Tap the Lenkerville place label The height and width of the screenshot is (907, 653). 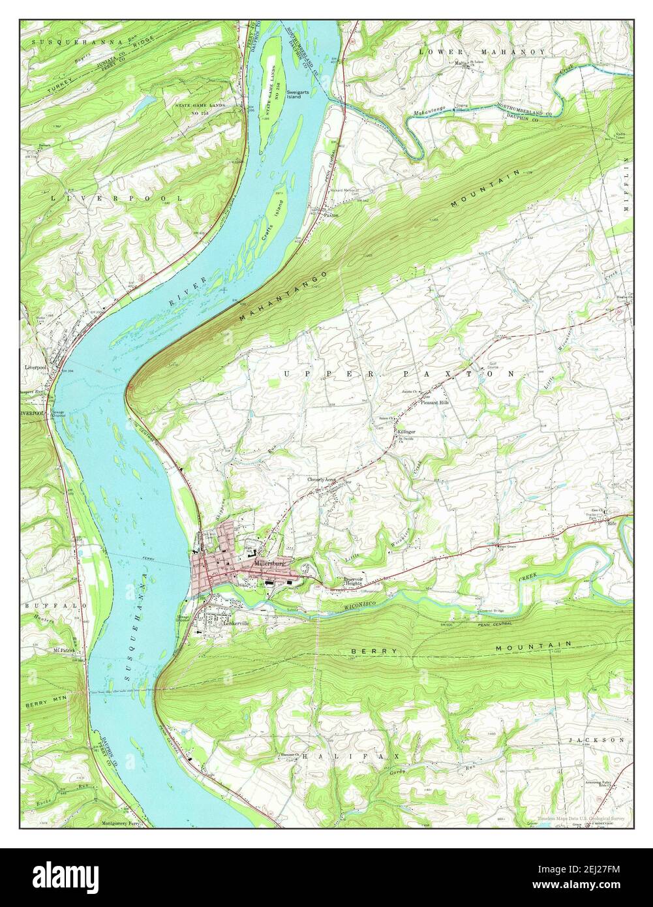pos(235,623)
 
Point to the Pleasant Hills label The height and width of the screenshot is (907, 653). pos(434,403)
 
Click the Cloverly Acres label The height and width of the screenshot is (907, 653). pos(322,480)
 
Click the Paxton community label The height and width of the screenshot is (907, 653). pos(331,213)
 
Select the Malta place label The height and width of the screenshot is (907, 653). pos(461,63)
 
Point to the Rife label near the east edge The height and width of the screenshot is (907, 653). pos(612,523)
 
